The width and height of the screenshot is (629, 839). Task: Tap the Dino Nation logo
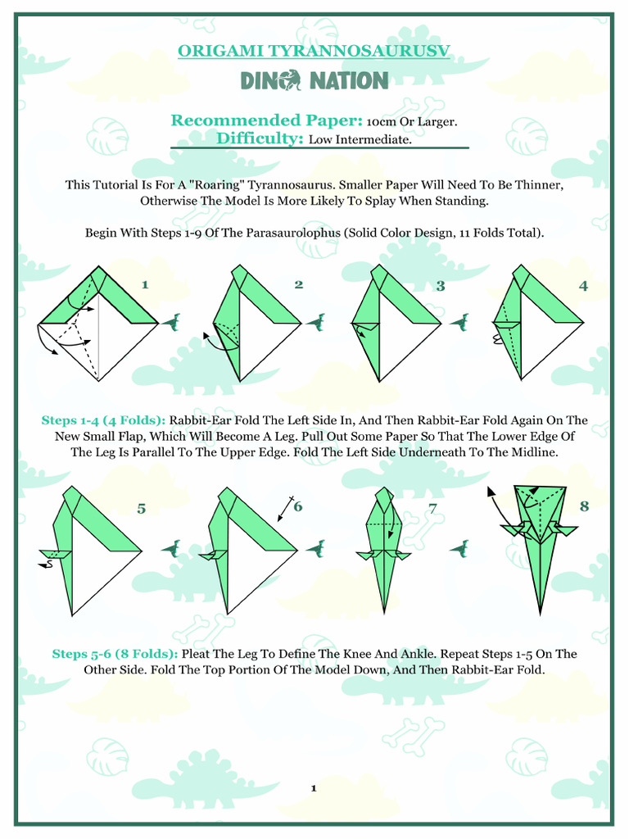pyautogui.click(x=314, y=80)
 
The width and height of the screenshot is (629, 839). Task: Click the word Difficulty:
pyautogui.click(x=260, y=139)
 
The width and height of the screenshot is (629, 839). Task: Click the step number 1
pyautogui.click(x=145, y=285)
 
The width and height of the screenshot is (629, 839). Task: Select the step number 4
pyautogui.click(x=583, y=286)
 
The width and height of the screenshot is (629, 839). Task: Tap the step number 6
pyautogui.click(x=298, y=506)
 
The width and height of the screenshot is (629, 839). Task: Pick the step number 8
pyautogui.click(x=584, y=506)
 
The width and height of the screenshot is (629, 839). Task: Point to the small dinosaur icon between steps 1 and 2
pyautogui.click(x=173, y=322)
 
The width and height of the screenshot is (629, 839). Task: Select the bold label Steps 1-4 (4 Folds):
pyautogui.click(x=104, y=420)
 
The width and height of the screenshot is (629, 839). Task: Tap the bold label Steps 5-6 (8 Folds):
pyautogui.click(x=115, y=654)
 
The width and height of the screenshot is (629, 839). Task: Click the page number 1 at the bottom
pyautogui.click(x=314, y=788)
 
